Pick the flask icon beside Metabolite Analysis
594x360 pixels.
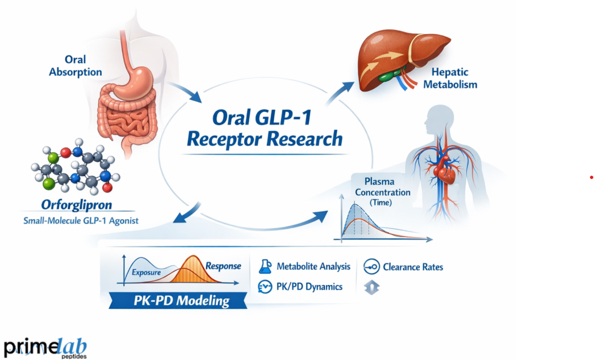coord(265,266)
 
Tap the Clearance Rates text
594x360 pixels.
coord(413,266)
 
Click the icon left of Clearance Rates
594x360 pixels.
coord(371,266)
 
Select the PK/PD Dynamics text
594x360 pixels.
coord(309,287)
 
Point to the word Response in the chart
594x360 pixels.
coord(223,266)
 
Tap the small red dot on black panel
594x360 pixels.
coord(592,178)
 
